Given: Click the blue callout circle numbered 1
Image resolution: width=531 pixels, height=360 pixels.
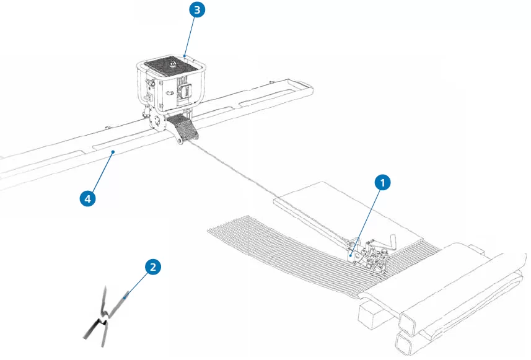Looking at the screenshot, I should pos(383,182).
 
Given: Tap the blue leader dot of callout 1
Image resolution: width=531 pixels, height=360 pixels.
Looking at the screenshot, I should pos(351,254).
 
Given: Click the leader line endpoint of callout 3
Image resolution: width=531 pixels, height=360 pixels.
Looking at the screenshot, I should pos(185,56).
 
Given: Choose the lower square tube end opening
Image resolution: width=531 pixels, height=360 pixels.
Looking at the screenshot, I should pos(406,343).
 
